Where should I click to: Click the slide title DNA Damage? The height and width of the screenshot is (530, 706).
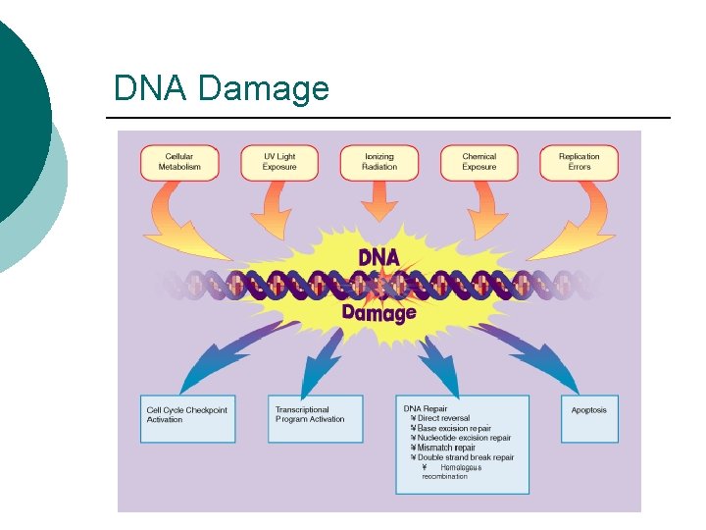[221, 89]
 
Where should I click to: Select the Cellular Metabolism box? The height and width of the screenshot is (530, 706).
[179, 162]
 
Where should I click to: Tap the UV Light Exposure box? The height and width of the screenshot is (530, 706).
[279, 162]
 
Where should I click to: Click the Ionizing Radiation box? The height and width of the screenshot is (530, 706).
[379, 162]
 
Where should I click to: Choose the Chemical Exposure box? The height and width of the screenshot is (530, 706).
[479, 162]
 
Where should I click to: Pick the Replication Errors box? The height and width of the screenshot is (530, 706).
[579, 162]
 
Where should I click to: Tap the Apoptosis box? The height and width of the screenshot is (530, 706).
[588, 410]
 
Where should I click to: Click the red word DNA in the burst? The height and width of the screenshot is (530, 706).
[378, 258]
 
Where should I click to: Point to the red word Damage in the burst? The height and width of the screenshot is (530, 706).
[378, 313]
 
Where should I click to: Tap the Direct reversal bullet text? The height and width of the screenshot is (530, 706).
[443, 418]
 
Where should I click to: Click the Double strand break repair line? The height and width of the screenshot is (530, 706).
[465, 457]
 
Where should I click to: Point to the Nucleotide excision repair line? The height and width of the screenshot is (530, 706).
[464, 438]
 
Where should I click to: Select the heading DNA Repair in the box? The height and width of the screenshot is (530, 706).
[426, 408]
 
